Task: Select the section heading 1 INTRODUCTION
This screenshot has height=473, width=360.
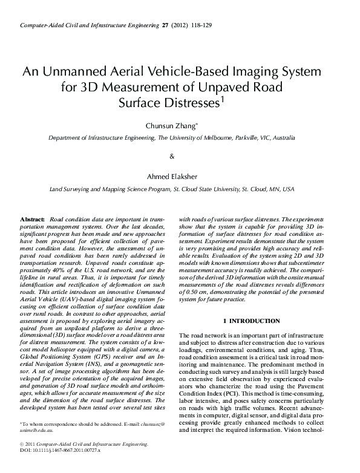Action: point(252,320)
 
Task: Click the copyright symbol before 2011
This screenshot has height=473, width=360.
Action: point(22,461)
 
